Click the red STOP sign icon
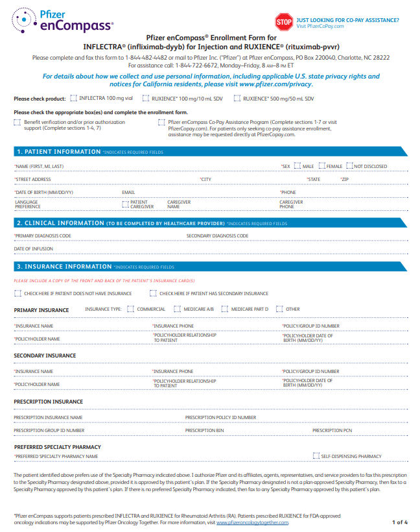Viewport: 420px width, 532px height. pos(284,22)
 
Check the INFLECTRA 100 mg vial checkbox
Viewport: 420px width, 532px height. pos(75,98)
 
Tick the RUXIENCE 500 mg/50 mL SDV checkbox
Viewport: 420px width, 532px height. pos(238,98)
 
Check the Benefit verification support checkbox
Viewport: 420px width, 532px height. pos(17,121)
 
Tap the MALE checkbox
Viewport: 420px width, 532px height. pos(297,166)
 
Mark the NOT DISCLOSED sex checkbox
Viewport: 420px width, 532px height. pos(349,166)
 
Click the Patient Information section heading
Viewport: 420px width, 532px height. pos(58,151)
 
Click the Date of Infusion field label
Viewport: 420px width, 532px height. pos(34,248)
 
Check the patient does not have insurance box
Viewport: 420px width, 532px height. pos(17,293)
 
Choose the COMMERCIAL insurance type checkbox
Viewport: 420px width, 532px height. pos(131,309)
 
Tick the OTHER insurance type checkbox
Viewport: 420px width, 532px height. pos(279,309)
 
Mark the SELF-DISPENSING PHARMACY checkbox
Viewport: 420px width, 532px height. pos(316,456)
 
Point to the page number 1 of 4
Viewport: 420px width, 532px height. pos(399,522)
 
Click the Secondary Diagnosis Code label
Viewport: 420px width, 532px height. pos(217,236)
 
